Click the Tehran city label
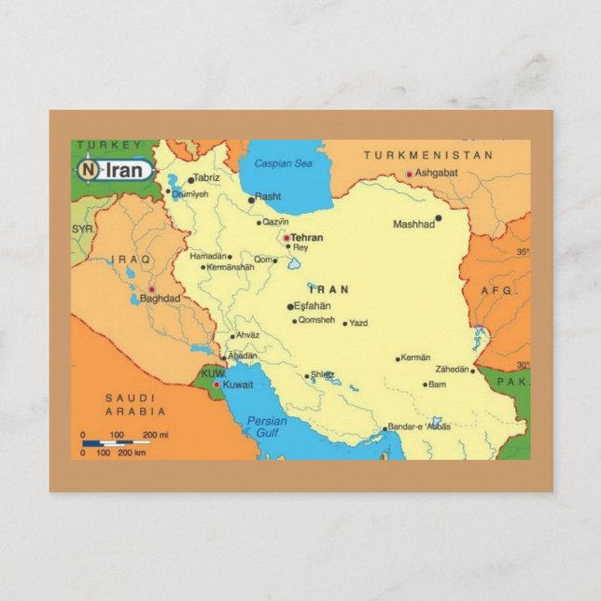click(x=307, y=237)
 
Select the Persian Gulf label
click(x=267, y=426)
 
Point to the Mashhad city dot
click(x=439, y=218)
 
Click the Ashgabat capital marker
click(x=409, y=175)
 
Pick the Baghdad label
click(x=160, y=299)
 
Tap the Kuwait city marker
click(x=217, y=384)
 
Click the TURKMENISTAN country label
click(x=427, y=155)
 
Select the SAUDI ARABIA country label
click(x=134, y=404)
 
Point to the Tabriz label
click(x=207, y=177)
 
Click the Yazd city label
click(x=358, y=323)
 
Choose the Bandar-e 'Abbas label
click(x=420, y=426)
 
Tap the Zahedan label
click(x=452, y=370)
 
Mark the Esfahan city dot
click(x=290, y=306)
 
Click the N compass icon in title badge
click(x=88, y=170)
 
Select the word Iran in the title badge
click(x=124, y=170)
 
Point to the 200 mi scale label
click(x=155, y=435)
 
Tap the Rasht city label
click(x=268, y=197)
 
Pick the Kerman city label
click(x=416, y=357)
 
